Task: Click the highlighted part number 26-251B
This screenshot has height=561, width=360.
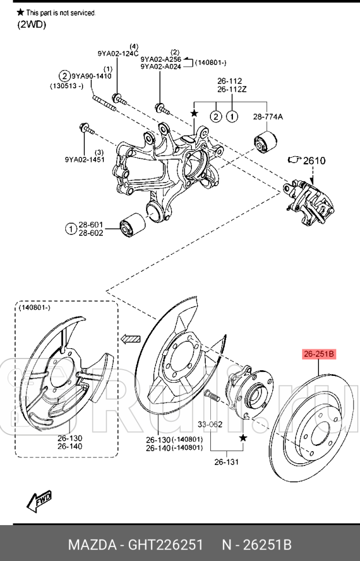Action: tap(319, 354)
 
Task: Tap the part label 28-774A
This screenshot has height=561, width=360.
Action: tap(268, 117)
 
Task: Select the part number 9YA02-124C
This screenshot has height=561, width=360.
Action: tap(118, 54)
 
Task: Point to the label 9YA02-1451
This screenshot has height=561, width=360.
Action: tap(85, 159)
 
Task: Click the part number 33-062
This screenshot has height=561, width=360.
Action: tap(210, 425)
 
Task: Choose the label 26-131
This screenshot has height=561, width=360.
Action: tap(227, 462)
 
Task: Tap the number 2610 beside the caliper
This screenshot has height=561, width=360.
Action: tap(314, 161)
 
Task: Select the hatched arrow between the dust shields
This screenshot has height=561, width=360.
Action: tap(131, 339)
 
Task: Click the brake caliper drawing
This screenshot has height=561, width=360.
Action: tap(308, 203)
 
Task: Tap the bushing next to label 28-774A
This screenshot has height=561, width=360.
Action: tap(266, 142)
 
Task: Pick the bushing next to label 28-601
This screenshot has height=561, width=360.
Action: tap(133, 225)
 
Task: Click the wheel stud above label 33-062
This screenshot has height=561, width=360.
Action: tap(210, 396)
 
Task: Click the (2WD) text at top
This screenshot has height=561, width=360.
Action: tap(32, 25)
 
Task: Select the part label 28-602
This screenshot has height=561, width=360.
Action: tap(91, 233)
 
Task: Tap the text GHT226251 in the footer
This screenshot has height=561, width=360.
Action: tap(165, 545)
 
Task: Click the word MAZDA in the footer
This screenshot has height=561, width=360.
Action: tap(92, 545)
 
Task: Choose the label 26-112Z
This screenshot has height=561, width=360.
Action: tap(232, 89)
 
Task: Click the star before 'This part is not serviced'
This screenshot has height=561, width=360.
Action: tap(20, 12)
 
